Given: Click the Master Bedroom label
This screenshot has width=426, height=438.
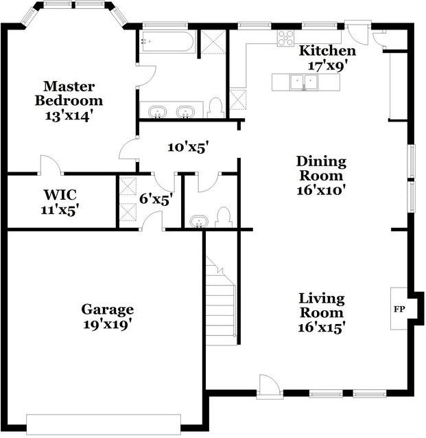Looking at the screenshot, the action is [69, 93].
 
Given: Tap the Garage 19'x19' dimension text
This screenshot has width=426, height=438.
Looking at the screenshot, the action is [108, 324].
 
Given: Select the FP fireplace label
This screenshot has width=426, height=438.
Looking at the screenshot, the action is [399, 309].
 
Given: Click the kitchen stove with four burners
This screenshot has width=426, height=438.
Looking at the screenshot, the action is [286, 38].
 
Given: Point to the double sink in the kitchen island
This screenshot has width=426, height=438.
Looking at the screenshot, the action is [304, 82].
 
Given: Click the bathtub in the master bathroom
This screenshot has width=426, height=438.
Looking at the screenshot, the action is [168, 42].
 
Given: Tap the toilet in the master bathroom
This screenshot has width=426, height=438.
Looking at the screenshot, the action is [216, 108].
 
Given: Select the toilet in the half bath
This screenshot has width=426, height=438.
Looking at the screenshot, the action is [224, 218].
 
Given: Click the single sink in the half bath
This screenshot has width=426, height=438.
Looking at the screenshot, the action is [199, 222].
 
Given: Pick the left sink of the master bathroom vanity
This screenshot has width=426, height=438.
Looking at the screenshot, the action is [158, 112].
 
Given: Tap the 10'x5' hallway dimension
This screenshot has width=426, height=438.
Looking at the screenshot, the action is [189, 147].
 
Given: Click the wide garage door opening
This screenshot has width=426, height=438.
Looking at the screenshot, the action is [104, 424].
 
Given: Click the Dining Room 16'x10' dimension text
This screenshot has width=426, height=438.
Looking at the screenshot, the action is [321, 191].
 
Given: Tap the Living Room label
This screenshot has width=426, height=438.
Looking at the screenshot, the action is [322, 306].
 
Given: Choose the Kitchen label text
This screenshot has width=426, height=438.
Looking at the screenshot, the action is [327, 51].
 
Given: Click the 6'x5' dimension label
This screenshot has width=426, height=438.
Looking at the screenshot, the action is [156, 199].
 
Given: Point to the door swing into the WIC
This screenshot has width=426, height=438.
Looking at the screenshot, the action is [50, 165].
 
